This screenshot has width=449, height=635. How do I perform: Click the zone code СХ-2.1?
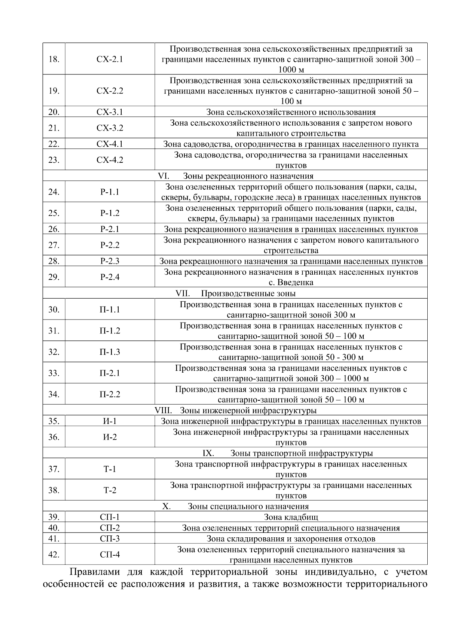tap(110, 59)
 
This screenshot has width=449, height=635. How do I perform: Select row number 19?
tap(54, 91)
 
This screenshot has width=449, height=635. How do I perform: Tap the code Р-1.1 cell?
tap(110, 192)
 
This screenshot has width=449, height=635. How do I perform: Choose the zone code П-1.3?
tap(110, 352)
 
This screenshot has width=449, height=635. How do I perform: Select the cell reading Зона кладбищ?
tap(291, 518)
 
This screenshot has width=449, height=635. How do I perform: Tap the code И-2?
tap(110, 437)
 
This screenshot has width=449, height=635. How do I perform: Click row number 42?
tap(54, 555)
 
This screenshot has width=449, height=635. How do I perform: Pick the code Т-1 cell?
tap(110, 469)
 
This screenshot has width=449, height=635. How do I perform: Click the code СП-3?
tap(110, 539)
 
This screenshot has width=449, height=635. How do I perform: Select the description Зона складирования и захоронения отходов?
tap(291, 539)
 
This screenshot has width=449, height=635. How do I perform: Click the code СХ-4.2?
tap(110, 160)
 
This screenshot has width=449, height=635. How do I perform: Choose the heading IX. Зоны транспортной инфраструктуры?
tap(287, 454)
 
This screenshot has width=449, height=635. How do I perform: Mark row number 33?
tap(54, 373)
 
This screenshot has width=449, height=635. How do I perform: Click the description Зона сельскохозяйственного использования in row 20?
tap(291, 112)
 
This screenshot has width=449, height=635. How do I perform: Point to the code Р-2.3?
tap(110, 261)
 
